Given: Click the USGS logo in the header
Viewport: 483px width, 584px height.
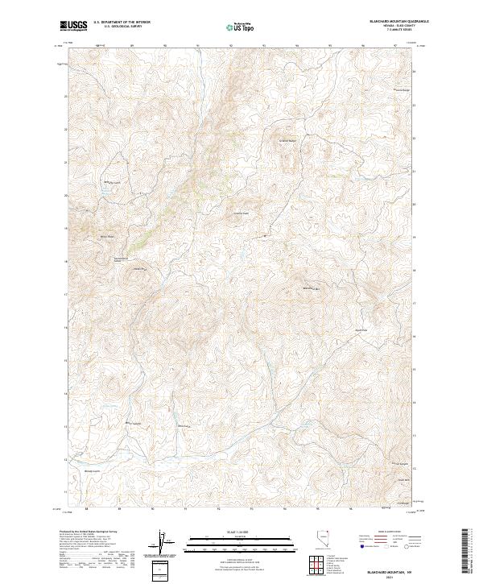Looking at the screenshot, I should [x=73, y=26].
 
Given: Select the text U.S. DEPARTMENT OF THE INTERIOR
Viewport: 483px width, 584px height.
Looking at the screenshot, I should [x=122, y=23].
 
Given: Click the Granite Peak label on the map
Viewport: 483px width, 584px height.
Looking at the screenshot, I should [x=241, y=213].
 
